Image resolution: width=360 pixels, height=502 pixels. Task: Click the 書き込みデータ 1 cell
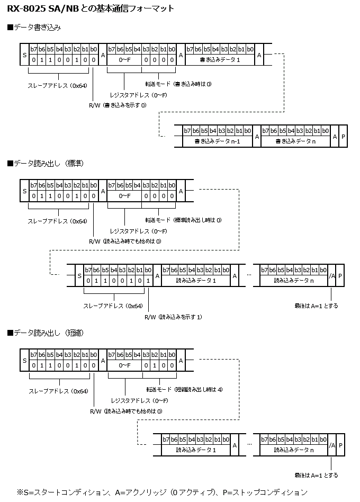(x=220, y=60)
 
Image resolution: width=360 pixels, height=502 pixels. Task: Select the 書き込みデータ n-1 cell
(x=217, y=141)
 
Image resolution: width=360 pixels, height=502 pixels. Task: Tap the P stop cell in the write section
(x=344, y=137)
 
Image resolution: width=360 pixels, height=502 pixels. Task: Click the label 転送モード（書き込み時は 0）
(x=178, y=84)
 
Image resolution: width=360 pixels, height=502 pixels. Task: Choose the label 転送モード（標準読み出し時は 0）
(x=183, y=219)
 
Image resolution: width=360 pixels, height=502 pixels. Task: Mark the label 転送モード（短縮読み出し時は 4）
(x=184, y=389)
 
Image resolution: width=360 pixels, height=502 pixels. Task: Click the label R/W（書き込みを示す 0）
(x=118, y=105)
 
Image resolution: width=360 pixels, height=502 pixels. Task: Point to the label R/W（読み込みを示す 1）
(x=173, y=317)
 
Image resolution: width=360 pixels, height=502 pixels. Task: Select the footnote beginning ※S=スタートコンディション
(x=161, y=492)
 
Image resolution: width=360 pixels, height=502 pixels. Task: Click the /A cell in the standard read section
(x=332, y=276)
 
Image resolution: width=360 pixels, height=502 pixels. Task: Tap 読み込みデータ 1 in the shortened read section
(x=195, y=450)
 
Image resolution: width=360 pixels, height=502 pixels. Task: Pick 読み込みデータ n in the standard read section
(x=293, y=281)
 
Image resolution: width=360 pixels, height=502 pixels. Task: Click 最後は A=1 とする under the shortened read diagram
(x=316, y=475)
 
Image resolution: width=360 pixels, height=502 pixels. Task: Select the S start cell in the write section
(x=24, y=55)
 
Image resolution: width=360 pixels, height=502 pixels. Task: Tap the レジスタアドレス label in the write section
(x=138, y=94)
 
